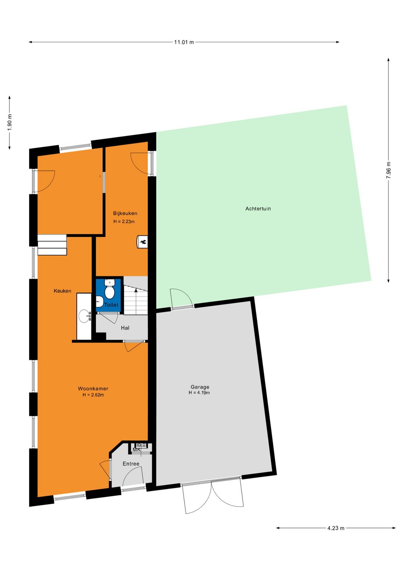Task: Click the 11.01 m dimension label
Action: click(184, 42)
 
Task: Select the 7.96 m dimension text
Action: click(388, 170)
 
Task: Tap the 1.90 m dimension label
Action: click(10, 122)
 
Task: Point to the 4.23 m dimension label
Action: click(336, 528)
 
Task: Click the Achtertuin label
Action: click(258, 209)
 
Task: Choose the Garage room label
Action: click(200, 387)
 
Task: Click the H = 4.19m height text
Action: click(199, 393)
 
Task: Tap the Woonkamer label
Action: click(93, 388)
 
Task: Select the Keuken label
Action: click(62, 291)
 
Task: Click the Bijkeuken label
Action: click(125, 213)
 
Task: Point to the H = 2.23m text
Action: click(124, 222)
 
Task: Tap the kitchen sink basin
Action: click(85, 316)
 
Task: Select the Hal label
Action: click(125, 328)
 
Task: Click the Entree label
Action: click(131, 464)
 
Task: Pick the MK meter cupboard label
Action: click(137, 450)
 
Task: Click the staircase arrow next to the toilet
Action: click(136, 290)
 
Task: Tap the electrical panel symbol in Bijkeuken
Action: click(143, 242)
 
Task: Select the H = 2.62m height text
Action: click(93, 395)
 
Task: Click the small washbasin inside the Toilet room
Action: click(99, 301)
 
